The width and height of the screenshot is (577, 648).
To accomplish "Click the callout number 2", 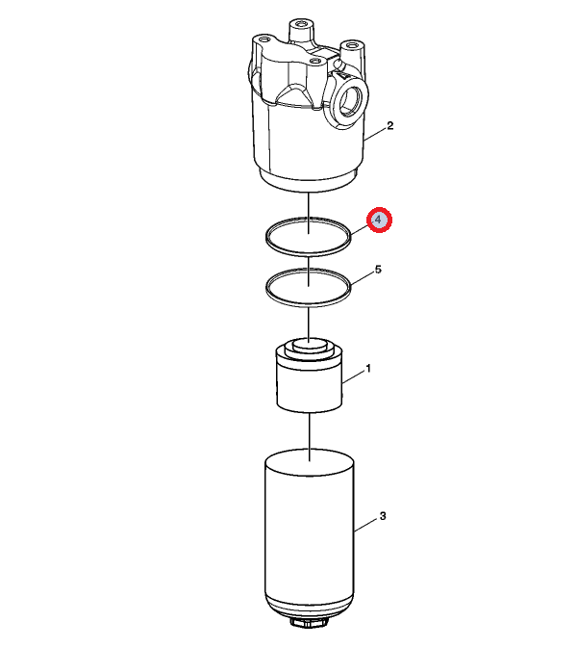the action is point(389,125).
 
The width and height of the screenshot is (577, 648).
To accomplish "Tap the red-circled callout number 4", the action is point(379,220).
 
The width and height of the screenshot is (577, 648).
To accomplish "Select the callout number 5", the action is point(378,270).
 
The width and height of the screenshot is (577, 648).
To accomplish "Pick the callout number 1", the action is point(368,368).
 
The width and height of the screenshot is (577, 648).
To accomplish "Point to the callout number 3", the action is point(383,516).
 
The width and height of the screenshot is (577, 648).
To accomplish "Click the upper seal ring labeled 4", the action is point(308,253).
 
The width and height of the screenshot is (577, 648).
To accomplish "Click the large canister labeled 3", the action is point(309,537).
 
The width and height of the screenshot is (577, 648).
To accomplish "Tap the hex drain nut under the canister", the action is point(309,622).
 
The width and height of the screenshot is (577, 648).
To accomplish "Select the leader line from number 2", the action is point(375,135).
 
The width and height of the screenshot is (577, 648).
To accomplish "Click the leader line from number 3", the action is point(366,524).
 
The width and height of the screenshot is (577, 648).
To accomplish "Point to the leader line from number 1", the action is point(353,377).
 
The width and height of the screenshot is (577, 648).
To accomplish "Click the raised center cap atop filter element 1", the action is point(309,344).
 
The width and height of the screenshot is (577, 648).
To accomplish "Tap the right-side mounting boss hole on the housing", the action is point(352,44).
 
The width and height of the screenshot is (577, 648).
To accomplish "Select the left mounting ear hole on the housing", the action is point(264,39).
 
